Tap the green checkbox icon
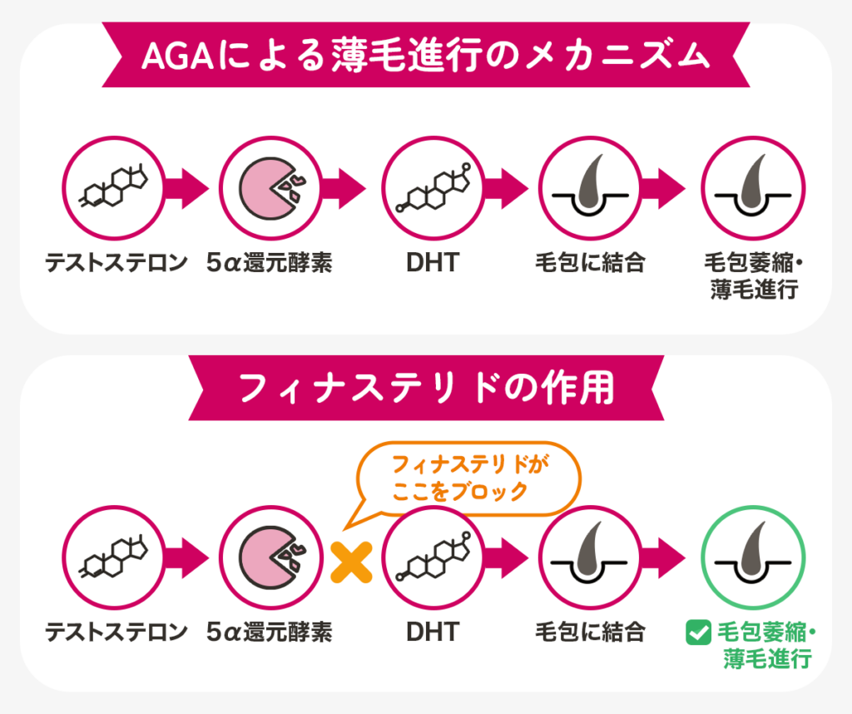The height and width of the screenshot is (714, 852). pos(695,633)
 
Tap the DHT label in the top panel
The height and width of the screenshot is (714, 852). pos(432,263)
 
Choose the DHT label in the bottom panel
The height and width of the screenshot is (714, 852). pos(432,632)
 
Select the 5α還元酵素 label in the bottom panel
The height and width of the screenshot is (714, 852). pos(270,632)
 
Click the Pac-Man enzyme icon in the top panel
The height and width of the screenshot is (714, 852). pos(271,188)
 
